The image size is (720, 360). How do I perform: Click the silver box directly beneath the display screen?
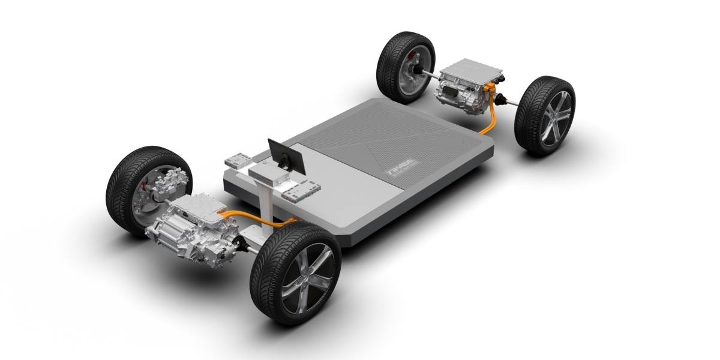pos(264,177)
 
